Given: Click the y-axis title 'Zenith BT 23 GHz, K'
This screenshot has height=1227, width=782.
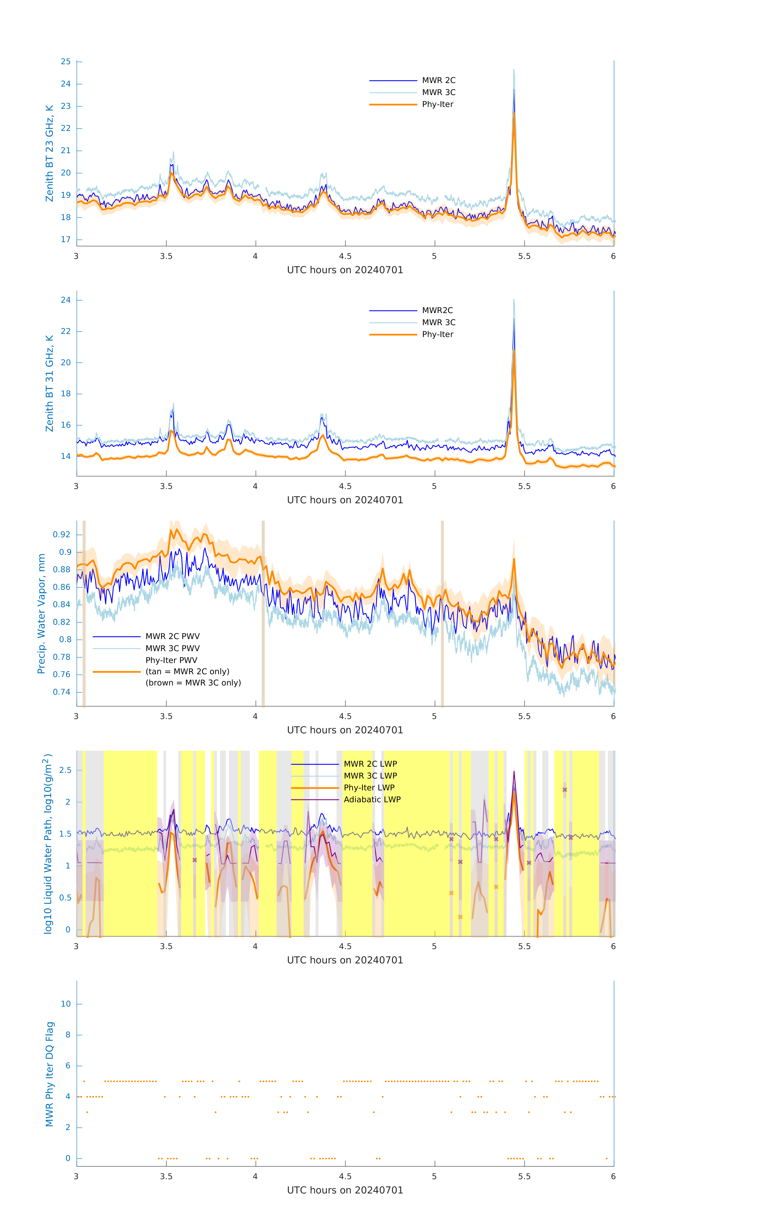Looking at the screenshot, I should [49, 153].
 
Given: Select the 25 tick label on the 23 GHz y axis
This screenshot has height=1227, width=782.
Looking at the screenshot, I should [66, 62].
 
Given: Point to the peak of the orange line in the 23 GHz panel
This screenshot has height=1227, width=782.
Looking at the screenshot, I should [514, 114].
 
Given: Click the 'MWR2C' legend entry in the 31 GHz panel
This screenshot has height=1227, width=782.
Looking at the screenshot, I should [437, 310].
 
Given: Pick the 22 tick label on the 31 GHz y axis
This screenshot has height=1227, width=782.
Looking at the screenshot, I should [66, 331].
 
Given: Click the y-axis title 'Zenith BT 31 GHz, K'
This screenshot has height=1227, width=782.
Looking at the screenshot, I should [49, 383].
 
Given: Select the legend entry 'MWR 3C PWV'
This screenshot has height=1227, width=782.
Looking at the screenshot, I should [172, 648].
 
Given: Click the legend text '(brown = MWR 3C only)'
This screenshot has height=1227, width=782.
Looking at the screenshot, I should [193, 683].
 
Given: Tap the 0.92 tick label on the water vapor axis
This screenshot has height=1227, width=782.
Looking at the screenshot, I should [62, 535].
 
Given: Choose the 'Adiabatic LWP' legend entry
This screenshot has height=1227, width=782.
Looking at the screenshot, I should [372, 799].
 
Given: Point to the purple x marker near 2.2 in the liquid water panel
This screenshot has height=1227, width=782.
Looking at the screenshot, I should [564, 790].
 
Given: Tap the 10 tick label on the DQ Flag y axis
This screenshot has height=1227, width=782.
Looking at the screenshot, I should [66, 1004].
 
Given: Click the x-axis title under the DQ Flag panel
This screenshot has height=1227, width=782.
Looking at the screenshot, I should [345, 1190].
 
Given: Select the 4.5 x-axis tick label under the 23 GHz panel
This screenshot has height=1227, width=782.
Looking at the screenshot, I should [345, 256].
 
